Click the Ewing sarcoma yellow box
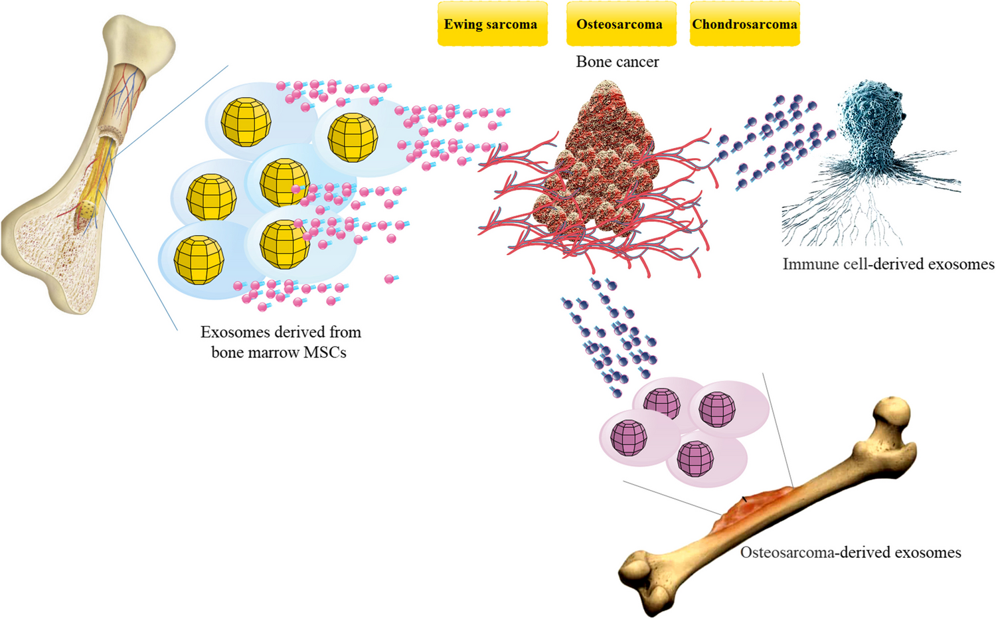(x=491, y=25)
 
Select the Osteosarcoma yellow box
(x=620, y=25)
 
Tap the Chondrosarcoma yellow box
(x=744, y=25)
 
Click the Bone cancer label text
(x=618, y=62)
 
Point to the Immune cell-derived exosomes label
(x=888, y=264)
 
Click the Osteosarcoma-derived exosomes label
(x=851, y=553)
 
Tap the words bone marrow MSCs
(x=279, y=353)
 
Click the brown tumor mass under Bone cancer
(x=608, y=159)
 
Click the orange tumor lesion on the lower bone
(x=754, y=505)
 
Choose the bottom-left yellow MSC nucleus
(x=199, y=260)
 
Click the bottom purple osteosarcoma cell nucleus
(x=695, y=459)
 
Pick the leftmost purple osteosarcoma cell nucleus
(x=629, y=438)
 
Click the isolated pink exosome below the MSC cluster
(x=390, y=279)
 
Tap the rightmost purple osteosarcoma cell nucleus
(x=718, y=409)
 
